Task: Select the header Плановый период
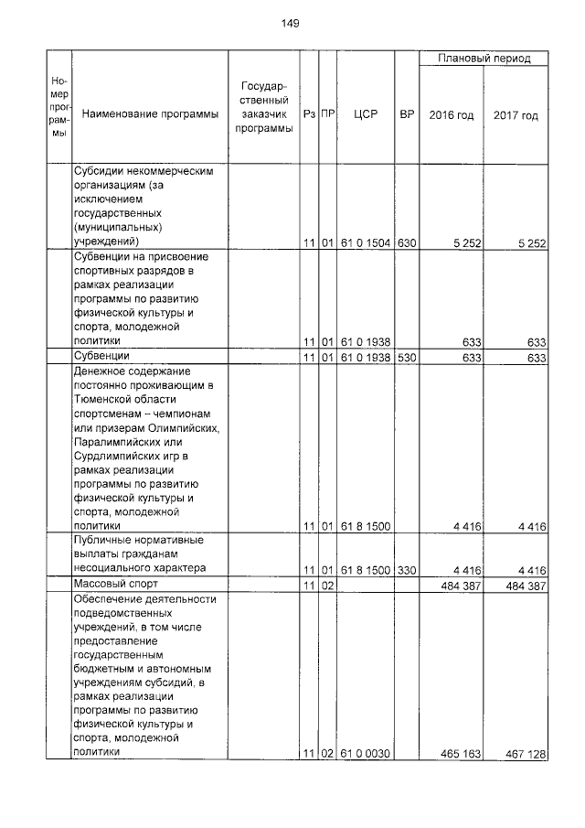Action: click(x=484, y=59)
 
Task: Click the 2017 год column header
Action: click(x=516, y=115)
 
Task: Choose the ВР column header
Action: click(x=407, y=115)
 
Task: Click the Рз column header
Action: click(x=309, y=115)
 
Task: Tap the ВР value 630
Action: click(x=407, y=243)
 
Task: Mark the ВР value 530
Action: click(x=407, y=356)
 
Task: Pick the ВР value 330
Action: click(x=407, y=569)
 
